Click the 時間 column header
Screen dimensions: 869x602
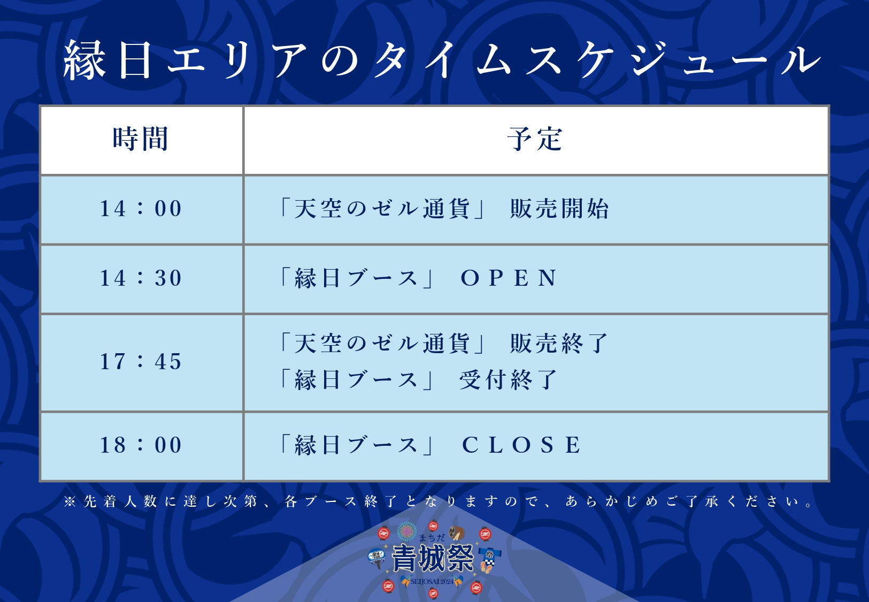coord(140,139)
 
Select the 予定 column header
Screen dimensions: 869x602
coord(535,139)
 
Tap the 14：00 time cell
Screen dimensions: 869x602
coord(141,209)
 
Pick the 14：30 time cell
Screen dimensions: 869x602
coord(141,278)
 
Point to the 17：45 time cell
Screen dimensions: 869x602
coord(141,362)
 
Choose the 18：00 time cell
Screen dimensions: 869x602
coord(141,445)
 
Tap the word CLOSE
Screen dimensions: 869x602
coord(521,445)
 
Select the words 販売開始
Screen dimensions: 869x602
coord(559,209)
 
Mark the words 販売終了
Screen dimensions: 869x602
coord(559,344)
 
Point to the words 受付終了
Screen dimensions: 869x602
coord(509,379)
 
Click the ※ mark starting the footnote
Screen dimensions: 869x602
coord(70,501)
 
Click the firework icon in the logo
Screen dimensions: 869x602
coord(406,531)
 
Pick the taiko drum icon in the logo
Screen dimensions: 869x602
coord(457,532)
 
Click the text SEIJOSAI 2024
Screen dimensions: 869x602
coord(432,582)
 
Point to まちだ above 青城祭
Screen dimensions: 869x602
coord(432,538)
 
